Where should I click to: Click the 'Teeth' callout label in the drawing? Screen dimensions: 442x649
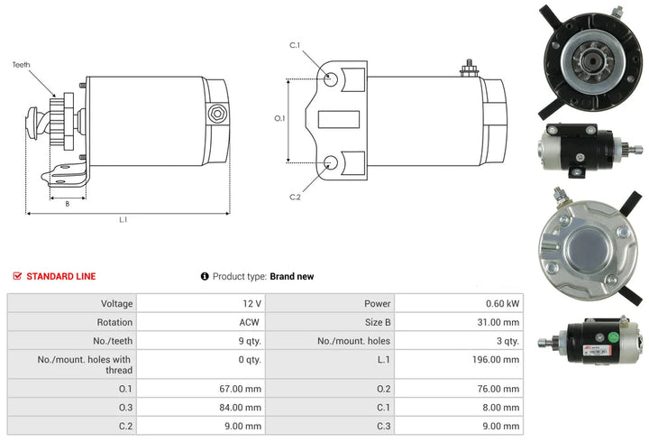click(22, 65)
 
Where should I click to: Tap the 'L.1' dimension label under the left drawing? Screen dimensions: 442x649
click(123, 220)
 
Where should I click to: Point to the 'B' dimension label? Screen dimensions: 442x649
click(67, 203)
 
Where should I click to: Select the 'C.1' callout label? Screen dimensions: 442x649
click(294, 45)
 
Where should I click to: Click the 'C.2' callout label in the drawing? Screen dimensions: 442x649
click(294, 197)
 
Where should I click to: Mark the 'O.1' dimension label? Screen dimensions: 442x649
click(279, 118)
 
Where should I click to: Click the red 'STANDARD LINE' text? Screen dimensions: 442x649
click(60, 276)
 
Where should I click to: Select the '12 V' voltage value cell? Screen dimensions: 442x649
click(251, 304)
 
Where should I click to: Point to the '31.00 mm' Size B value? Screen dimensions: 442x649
click(498, 322)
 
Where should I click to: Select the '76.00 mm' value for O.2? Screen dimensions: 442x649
click(498, 389)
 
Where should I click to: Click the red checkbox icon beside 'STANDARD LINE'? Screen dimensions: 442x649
click(17, 276)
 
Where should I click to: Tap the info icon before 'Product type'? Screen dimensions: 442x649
click(205, 276)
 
